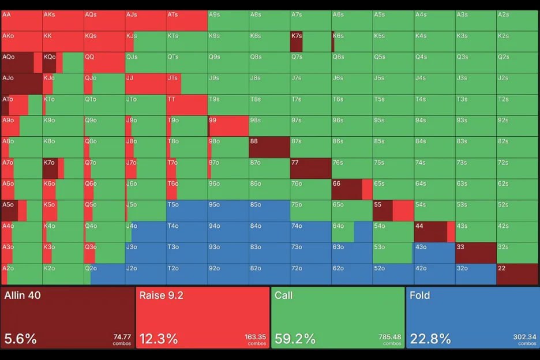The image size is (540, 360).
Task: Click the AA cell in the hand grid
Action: [21, 20]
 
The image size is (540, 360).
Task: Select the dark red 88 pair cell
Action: [269, 147]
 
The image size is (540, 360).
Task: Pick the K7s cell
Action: [310, 42]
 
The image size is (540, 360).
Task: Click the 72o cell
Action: [310, 274]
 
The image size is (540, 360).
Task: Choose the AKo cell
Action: [21, 42]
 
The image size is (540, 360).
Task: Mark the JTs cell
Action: [187, 84]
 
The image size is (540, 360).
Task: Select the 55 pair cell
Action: [393, 211]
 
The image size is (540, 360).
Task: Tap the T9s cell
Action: [228, 105]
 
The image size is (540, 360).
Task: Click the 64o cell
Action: [352, 232]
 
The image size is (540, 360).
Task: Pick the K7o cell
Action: [63, 168]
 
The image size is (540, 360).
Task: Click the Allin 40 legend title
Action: [22, 296]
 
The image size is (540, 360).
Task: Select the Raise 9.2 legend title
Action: [161, 296]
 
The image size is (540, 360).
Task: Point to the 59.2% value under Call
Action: [294, 338]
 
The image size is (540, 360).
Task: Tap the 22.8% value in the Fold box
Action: [430, 338]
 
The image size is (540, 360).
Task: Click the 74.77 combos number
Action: [121, 337]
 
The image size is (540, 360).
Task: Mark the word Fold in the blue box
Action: [421, 296]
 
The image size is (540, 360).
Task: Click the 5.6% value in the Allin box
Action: [20, 338]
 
